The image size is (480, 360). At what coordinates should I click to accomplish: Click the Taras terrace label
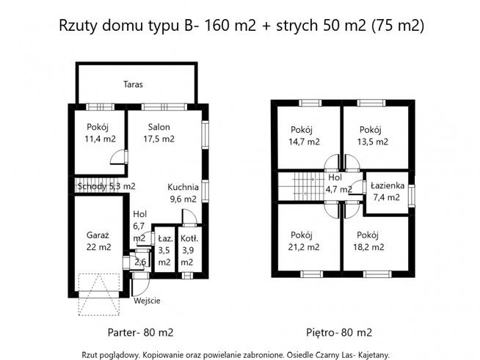point(134,84)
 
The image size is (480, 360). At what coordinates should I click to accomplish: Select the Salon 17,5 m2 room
point(159,132)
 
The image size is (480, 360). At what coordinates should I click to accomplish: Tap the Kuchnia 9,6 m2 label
point(181,192)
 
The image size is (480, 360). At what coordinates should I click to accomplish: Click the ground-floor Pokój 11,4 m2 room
point(100,132)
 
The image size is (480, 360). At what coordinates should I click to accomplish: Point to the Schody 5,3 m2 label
point(106,186)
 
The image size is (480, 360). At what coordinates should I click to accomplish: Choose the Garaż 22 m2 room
point(98,241)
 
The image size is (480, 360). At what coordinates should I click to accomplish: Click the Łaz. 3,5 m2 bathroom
point(164,250)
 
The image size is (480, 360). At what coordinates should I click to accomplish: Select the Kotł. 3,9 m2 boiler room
point(187,250)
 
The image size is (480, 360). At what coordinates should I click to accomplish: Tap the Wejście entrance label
point(148,301)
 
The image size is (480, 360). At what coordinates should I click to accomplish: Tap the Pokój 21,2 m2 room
point(305,240)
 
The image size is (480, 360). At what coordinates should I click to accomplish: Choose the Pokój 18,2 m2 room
point(371,240)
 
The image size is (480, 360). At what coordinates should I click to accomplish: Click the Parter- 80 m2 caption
point(141,331)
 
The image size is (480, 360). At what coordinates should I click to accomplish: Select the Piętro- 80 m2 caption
point(338,331)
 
